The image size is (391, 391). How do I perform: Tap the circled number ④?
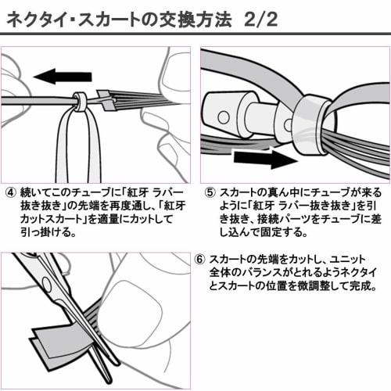pyautogui.click(x=11, y=191)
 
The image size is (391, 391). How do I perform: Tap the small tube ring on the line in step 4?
pyautogui.click(x=80, y=100)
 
